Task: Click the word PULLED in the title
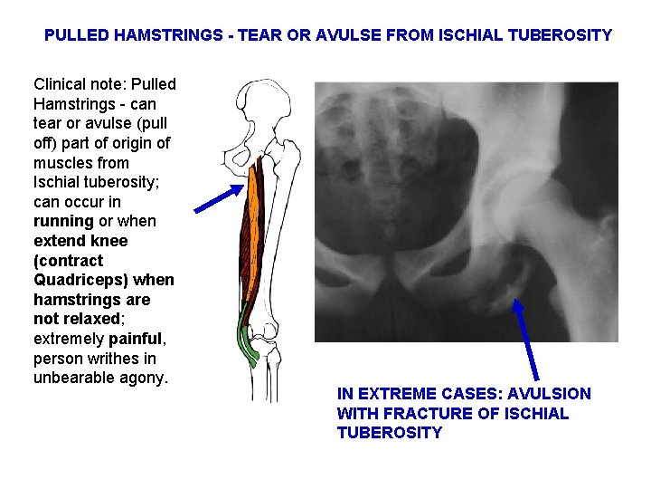point(77,35)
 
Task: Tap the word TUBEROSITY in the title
point(561,35)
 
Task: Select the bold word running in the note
point(63,221)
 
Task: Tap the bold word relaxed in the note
point(90,319)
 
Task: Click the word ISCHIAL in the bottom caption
point(536,413)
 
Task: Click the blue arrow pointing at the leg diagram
point(219,198)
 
